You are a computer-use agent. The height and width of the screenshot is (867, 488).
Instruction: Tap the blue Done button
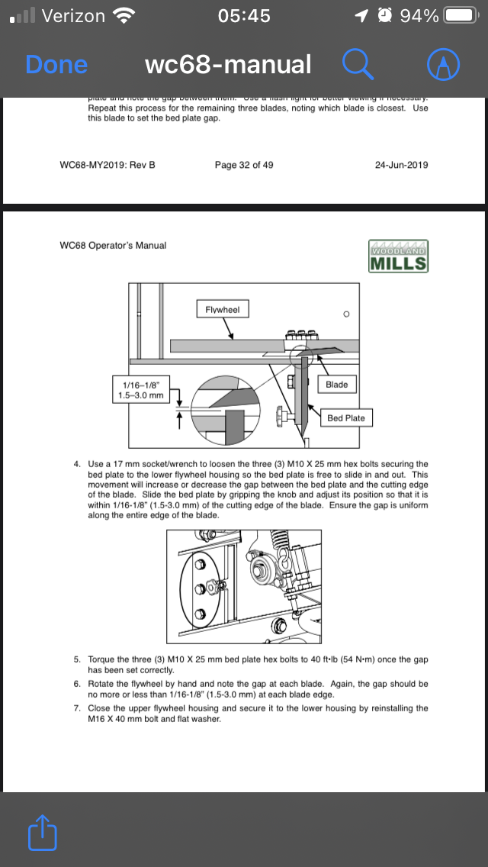tap(56, 65)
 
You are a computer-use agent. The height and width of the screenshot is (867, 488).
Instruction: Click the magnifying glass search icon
tap(358, 65)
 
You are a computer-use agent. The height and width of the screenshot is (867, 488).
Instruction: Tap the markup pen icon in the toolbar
tap(445, 65)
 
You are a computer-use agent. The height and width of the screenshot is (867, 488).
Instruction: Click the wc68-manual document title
tap(228, 65)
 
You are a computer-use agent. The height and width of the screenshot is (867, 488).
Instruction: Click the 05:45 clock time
tap(243, 15)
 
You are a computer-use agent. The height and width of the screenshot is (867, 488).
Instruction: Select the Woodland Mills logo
tap(399, 256)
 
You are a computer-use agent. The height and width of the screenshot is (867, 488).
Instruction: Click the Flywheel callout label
tap(223, 309)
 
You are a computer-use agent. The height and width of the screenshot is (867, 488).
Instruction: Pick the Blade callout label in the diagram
tap(336, 384)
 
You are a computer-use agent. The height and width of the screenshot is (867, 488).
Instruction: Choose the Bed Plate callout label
tap(346, 417)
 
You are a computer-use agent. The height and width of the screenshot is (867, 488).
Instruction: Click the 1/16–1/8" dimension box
tap(140, 390)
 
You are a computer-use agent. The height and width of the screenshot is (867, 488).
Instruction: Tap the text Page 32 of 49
tap(244, 164)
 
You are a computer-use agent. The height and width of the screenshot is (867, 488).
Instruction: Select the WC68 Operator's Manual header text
tap(113, 245)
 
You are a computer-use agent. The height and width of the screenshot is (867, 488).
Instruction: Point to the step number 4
tap(77, 463)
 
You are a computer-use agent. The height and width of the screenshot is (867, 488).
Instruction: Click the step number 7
tap(77, 707)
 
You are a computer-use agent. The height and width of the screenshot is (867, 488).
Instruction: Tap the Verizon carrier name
tap(74, 15)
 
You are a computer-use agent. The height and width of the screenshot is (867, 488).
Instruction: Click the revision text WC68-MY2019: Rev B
tap(107, 164)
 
